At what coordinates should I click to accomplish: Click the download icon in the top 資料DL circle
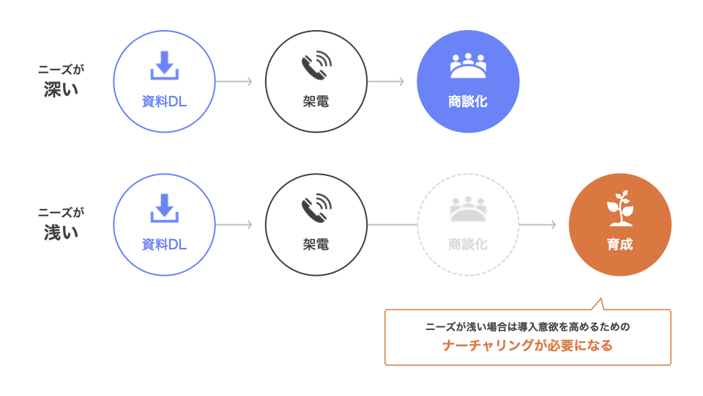point(165,66)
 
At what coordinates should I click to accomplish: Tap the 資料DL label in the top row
point(165,102)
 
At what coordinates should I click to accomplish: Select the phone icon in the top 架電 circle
point(316,66)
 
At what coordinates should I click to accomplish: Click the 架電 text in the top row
point(316,102)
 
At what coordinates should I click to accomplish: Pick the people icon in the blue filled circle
point(468,67)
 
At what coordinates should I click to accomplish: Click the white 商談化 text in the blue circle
point(468,102)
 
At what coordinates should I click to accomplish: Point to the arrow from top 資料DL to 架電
point(234,81)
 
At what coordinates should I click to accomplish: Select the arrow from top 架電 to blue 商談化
point(386,81)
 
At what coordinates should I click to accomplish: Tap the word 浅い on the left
point(62,232)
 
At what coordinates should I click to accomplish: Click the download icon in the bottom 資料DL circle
point(165,208)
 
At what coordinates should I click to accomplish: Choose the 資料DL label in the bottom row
point(165,245)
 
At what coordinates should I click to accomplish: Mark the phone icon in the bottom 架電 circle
point(316,208)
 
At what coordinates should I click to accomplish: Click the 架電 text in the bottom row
point(316,245)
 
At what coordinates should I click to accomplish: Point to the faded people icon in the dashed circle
point(468,210)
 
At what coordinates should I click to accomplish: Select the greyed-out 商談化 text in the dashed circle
point(468,245)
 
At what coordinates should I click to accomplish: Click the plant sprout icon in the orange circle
point(620,208)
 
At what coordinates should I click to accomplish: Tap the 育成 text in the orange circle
point(620,245)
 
